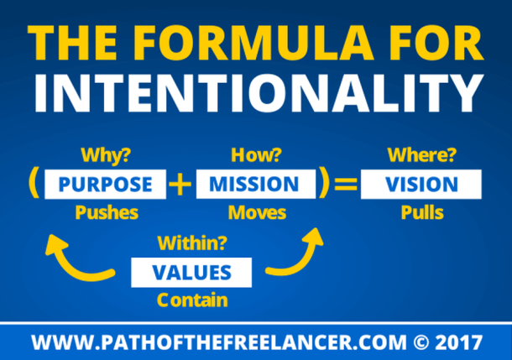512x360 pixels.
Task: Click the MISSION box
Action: (x=254, y=185)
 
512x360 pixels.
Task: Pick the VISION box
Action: (x=421, y=185)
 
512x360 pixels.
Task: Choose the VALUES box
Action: (x=191, y=272)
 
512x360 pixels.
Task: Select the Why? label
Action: (x=106, y=156)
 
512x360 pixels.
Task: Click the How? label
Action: (x=253, y=156)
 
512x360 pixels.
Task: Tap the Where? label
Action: (x=421, y=156)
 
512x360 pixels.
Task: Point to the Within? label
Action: (x=191, y=245)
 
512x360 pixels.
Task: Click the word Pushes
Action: (x=107, y=212)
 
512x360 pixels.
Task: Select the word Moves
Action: (x=253, y=212)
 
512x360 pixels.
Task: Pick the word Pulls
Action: (x=421, y=212)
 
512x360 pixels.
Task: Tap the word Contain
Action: (x=191, y=298)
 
